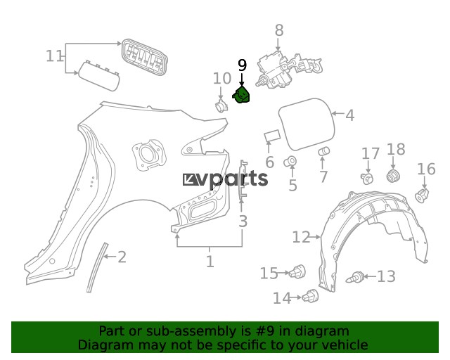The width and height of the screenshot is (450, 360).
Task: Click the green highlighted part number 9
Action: (241, 95)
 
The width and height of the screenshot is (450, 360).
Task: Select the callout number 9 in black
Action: (242, 65)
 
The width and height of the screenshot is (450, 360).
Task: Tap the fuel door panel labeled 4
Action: (307, 124)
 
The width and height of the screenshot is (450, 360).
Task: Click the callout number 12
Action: (301, 238)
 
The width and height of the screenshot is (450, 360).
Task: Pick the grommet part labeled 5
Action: (290, 162)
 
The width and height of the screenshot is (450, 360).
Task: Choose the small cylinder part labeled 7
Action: (324, 151)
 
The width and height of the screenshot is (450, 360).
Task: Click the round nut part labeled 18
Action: (394, 176)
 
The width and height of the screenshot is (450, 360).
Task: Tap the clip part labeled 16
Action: (422, 195)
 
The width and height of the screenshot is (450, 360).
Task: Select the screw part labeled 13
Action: (355, 277)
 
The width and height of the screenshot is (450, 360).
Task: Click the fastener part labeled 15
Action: (297, 271)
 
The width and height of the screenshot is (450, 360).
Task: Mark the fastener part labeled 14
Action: (310, 296)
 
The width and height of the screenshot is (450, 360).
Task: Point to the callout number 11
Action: (54, 56)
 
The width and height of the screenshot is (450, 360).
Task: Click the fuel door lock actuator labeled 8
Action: (289, 69)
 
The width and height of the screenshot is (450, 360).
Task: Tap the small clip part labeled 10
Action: (221, 106)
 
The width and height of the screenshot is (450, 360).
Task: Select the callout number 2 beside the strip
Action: (122, 257)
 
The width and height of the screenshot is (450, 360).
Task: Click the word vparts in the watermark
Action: (233, 180)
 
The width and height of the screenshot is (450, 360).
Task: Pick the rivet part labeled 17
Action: (367, 179)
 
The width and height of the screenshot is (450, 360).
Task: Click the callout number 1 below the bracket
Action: (210, 262)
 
